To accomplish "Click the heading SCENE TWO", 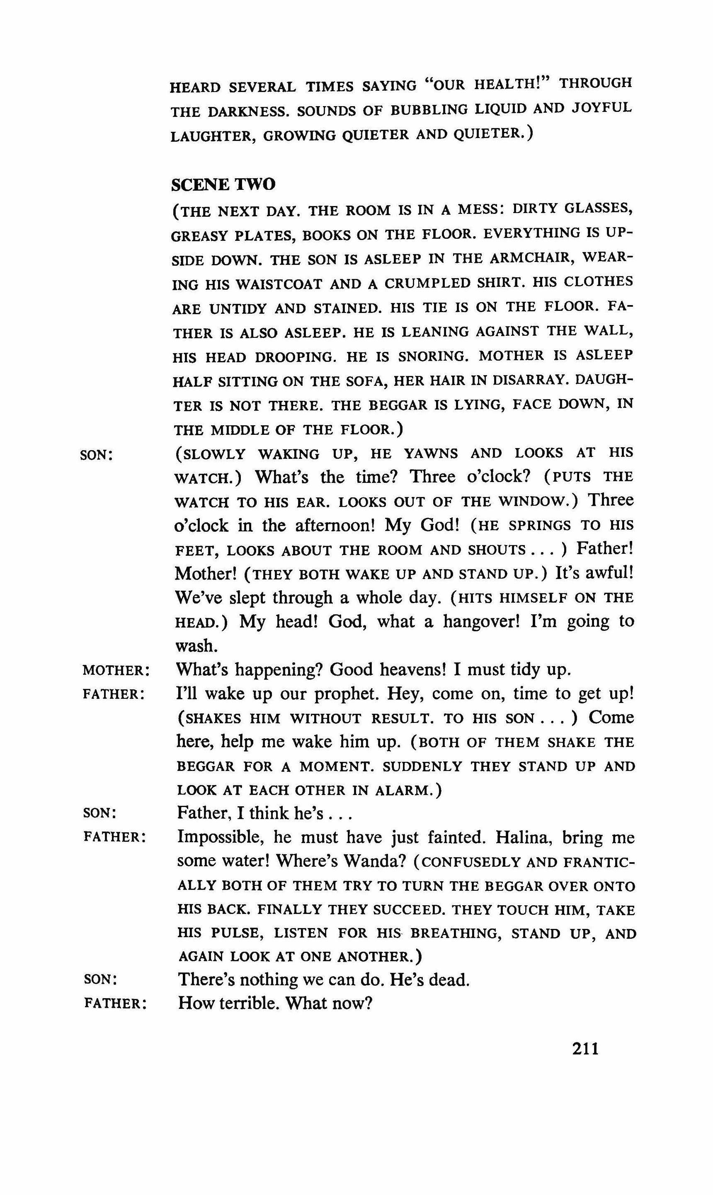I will coord(223,184).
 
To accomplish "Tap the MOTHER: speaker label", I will coord(116,670).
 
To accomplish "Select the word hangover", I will coord(482,621).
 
